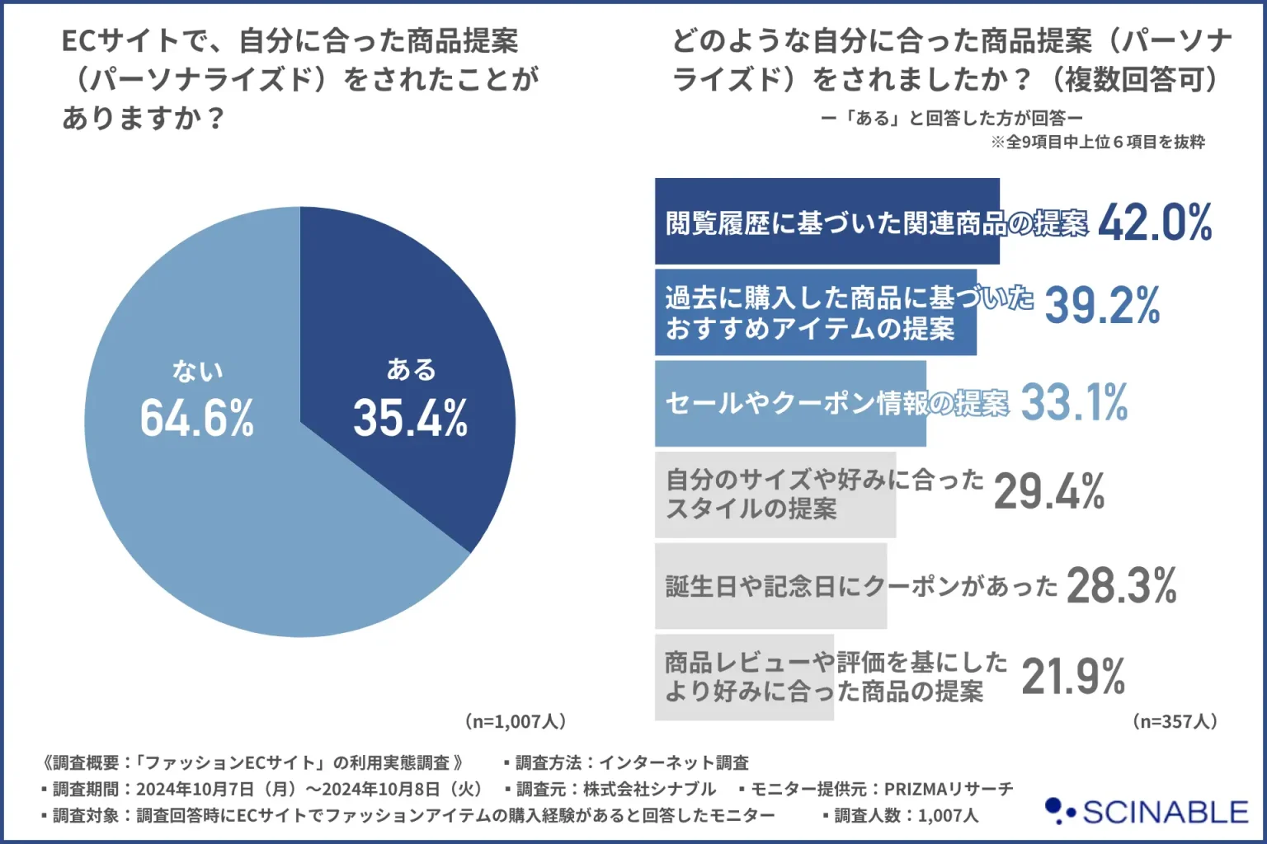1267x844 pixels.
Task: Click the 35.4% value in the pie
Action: coord(410,418)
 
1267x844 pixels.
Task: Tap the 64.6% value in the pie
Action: coord(196,418)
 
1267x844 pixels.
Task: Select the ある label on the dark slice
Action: coord(411,369)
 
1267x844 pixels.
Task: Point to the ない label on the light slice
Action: coord(197,372)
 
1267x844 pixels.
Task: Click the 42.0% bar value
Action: coord(1155,223)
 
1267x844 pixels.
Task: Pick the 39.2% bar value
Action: coord(1102,306)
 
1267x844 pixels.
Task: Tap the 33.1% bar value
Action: coord(1074,403)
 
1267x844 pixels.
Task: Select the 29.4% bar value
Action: coord(1048,492)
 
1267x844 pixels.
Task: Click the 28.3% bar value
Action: coord(1121,586)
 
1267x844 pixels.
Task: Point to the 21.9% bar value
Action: coord(1072,677)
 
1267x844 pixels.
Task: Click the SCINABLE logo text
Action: coord(1165,813)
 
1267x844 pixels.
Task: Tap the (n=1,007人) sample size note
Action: coord(516,721)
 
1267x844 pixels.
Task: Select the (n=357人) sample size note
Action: coord(1175,721)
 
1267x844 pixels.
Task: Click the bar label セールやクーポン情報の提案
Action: coord(836,403)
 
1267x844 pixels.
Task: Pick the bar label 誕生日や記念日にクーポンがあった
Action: coord(861,586)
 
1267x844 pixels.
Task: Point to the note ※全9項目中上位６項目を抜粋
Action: coord(1098,142)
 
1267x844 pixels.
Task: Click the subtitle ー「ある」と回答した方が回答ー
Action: coord(952,118)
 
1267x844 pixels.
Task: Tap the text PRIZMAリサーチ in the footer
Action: coord(949,789)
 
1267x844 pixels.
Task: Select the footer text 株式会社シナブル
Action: coord(649,789)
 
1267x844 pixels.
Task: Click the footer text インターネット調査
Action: coord(673,762)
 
